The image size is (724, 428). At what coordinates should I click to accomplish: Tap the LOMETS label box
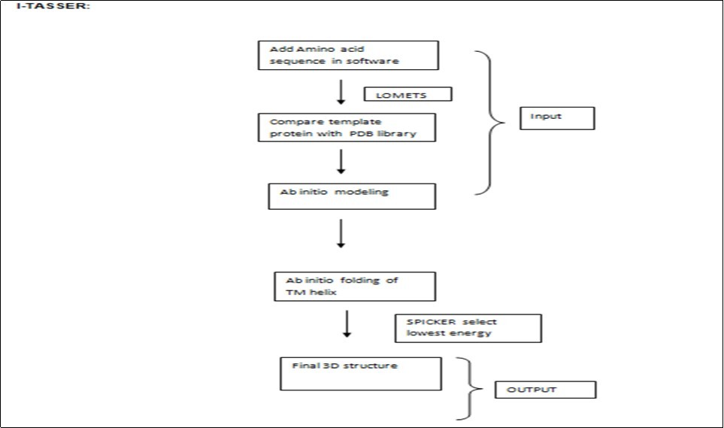407,94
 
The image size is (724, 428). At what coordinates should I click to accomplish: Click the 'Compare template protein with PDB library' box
347,127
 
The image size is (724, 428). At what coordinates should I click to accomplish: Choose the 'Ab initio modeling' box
353,196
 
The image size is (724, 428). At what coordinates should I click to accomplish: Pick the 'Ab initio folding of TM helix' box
354,286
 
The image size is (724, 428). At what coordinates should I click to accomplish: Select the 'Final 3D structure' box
360,374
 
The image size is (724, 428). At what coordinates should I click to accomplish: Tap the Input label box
557,118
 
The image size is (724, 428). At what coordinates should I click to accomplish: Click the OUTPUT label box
545,390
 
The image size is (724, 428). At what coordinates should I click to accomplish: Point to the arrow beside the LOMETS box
341,91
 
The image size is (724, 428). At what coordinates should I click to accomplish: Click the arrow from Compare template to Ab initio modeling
341,162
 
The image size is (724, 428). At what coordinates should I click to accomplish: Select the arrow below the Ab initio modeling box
341,233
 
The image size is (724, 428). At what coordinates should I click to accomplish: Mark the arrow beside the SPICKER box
347,324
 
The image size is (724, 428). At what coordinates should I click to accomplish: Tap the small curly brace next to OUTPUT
469,389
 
